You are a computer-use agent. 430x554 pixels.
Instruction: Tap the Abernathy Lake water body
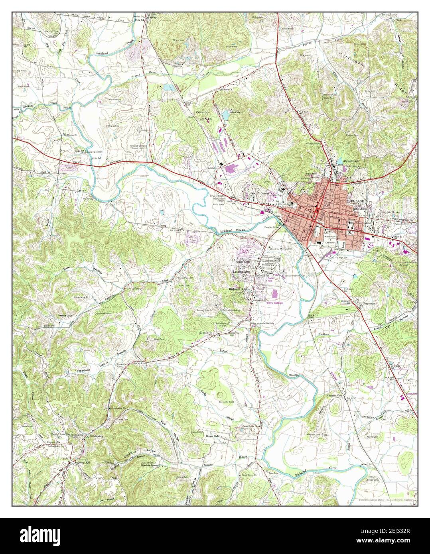click(x=339, y=161)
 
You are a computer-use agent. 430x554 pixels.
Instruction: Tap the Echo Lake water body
click(x=225, y=115)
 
